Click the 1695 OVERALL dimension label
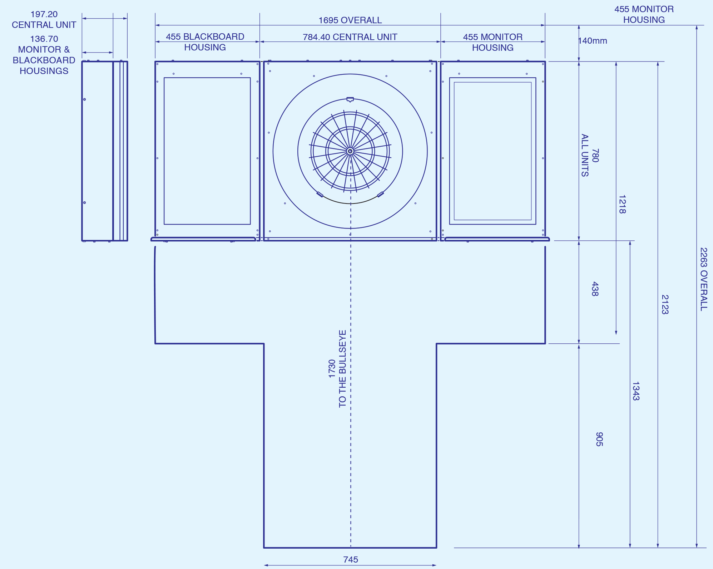[350, 20]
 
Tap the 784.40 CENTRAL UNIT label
[350, 37]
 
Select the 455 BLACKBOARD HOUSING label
[205, 42]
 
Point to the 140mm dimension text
[593, 41]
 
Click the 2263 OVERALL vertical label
[703, 279]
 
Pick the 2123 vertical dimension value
[665, 304]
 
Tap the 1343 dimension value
[635, 391]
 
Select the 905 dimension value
[599, 439]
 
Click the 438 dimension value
[595, 289]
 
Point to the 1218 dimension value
[622, 204]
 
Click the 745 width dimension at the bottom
[351, 559]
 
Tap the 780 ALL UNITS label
[590, 155]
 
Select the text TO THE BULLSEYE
[342, 368]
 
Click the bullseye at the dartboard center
[350, 151]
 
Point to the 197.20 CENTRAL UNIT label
[44, 19]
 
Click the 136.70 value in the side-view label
[44, 39]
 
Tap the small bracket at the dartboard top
[350, 99]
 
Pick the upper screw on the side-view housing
[85, 99]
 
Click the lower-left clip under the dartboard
[320, 195]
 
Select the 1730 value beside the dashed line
[332, 368]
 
